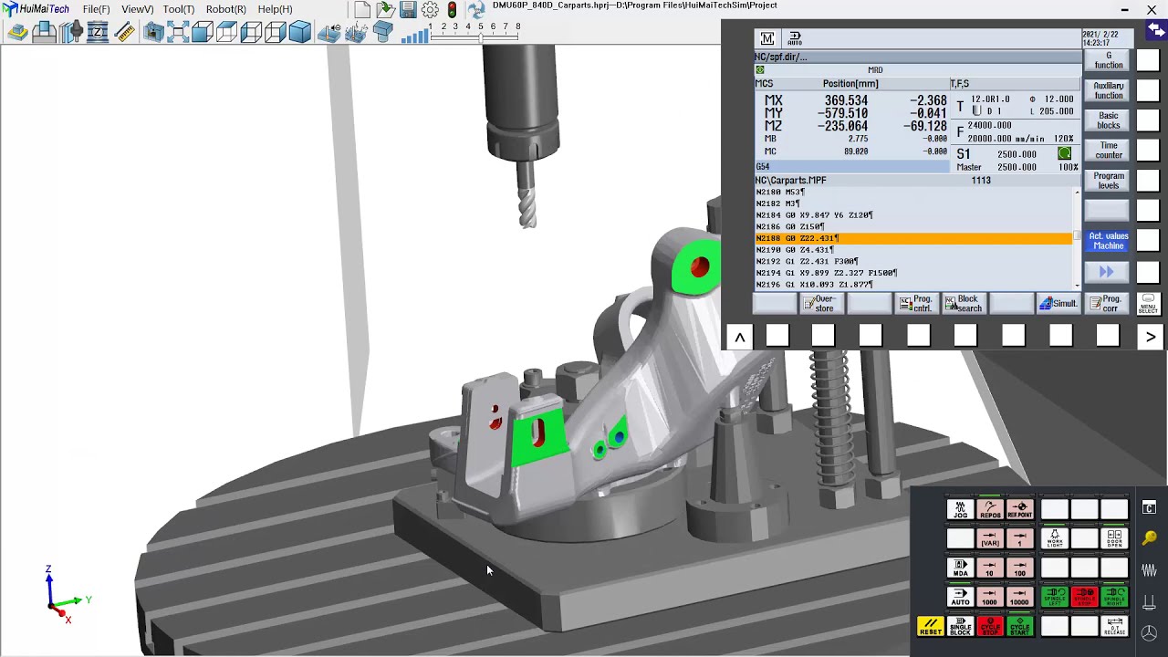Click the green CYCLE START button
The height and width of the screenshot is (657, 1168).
pos(1019,627)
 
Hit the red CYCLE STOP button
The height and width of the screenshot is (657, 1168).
pos(990,627)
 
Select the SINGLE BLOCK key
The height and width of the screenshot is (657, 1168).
pos(960,627)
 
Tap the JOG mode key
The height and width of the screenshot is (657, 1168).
pos(960,509)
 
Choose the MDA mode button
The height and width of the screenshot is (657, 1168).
pos(960,568)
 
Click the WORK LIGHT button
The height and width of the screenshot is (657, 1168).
pos(1055,538)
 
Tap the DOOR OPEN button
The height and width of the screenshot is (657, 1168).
pos(1114,538)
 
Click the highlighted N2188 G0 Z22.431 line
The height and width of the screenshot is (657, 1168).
pos(912,238)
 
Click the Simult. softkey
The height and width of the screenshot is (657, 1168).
pos(1058,303)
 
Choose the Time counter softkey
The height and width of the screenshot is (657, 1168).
pos(1109,150)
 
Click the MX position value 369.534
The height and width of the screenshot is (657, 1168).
pos(846,100)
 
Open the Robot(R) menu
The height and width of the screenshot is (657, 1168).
pos(225,9)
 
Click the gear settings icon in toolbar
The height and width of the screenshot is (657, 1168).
pos(430,10)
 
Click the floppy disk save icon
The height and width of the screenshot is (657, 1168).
pos(408,10)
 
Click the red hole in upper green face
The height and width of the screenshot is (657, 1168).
pos(700,267)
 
